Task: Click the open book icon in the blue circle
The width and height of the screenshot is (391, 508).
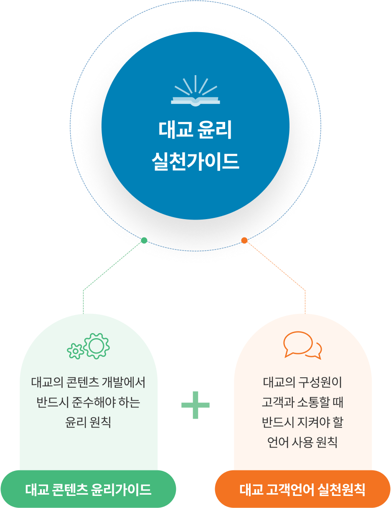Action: coord(195,92)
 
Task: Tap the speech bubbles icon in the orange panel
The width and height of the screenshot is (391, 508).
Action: coord(302,345)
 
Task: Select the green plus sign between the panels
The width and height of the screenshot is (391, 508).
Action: coord(195,404)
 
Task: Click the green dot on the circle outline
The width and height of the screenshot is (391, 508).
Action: coord(144,240)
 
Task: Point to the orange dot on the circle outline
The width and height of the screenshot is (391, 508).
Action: coord(244,240)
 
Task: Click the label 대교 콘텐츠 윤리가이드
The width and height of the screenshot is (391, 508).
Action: coord(88,489)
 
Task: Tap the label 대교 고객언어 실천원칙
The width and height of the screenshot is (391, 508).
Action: coord(302,489)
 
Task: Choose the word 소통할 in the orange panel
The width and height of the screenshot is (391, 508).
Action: coord(310,402)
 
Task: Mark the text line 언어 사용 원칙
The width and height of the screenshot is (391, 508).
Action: coord(302,442)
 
